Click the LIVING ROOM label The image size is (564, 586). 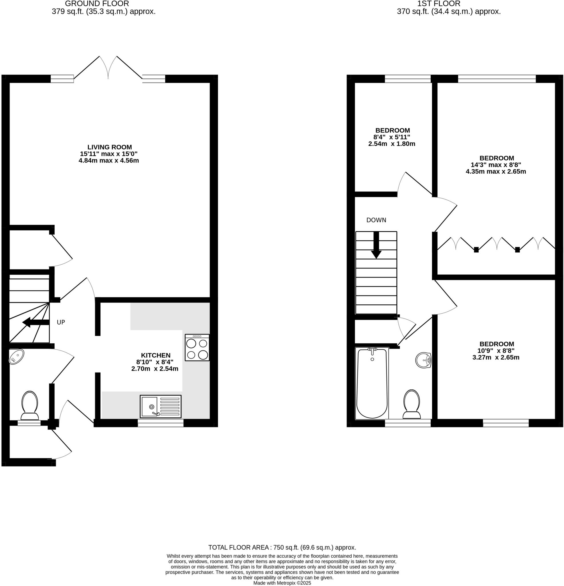pyautogui.click(x=109, y=147)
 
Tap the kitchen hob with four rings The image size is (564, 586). pyautogui.click(x=197, y=348)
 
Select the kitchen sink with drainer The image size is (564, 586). pyautogui.click(x=161, y=407)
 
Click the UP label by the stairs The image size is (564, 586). pyautogui.click(x=61, y=322)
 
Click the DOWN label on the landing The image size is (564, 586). pyautogui.click(x=376, y=220)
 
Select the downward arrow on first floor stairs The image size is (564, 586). pyautogui.click(x=376, y=245)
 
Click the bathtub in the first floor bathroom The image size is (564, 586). pyautogui.click(x=372, y=384)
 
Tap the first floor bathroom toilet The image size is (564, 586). pyautogui.click(x=412, y=404)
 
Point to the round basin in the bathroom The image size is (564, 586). pyautogui.click(x=423, y=360)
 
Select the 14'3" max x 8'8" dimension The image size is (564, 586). pyautogui.click(x=496, y=165)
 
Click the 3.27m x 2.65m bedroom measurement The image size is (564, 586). pyautogui.click(x=496, y=357)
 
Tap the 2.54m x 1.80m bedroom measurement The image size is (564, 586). pyautogui.click(x=391, y=144)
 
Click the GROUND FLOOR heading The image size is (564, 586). pyautogui.click(x=97, y=4)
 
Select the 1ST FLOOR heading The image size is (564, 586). pyautogui.click(x=439, y=4)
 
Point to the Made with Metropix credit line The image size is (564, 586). pyautogui.click(x=282, y=583)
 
